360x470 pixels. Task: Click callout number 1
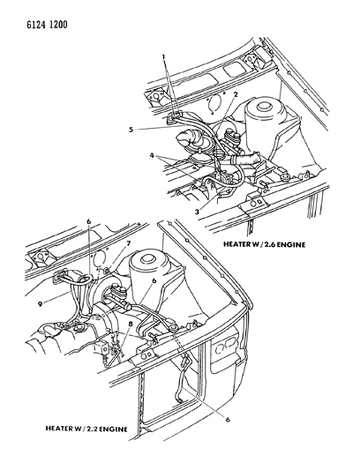(x=164, y=56)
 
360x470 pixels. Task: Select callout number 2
(x=236, y=94)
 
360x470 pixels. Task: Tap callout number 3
(x=197, y=212)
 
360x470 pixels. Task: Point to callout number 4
(x=153, y=155)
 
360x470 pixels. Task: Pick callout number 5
(x=131, y=130)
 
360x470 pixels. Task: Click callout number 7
(x=129, y=243)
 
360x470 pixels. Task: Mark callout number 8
(x=131, y=324)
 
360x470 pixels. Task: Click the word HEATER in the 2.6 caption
(x=236, y=244)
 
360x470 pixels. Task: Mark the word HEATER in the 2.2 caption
(x=59, y=429)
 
